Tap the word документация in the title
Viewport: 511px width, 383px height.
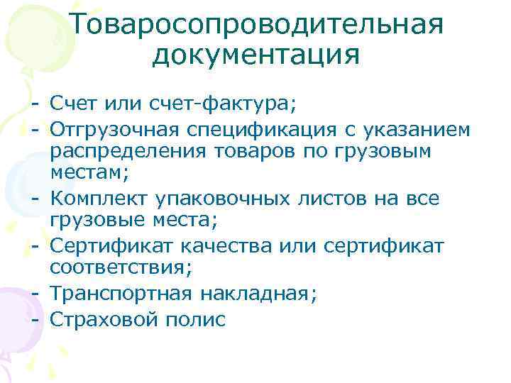click(x=255, y=55)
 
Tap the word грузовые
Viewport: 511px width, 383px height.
click(x=97, y=221)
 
